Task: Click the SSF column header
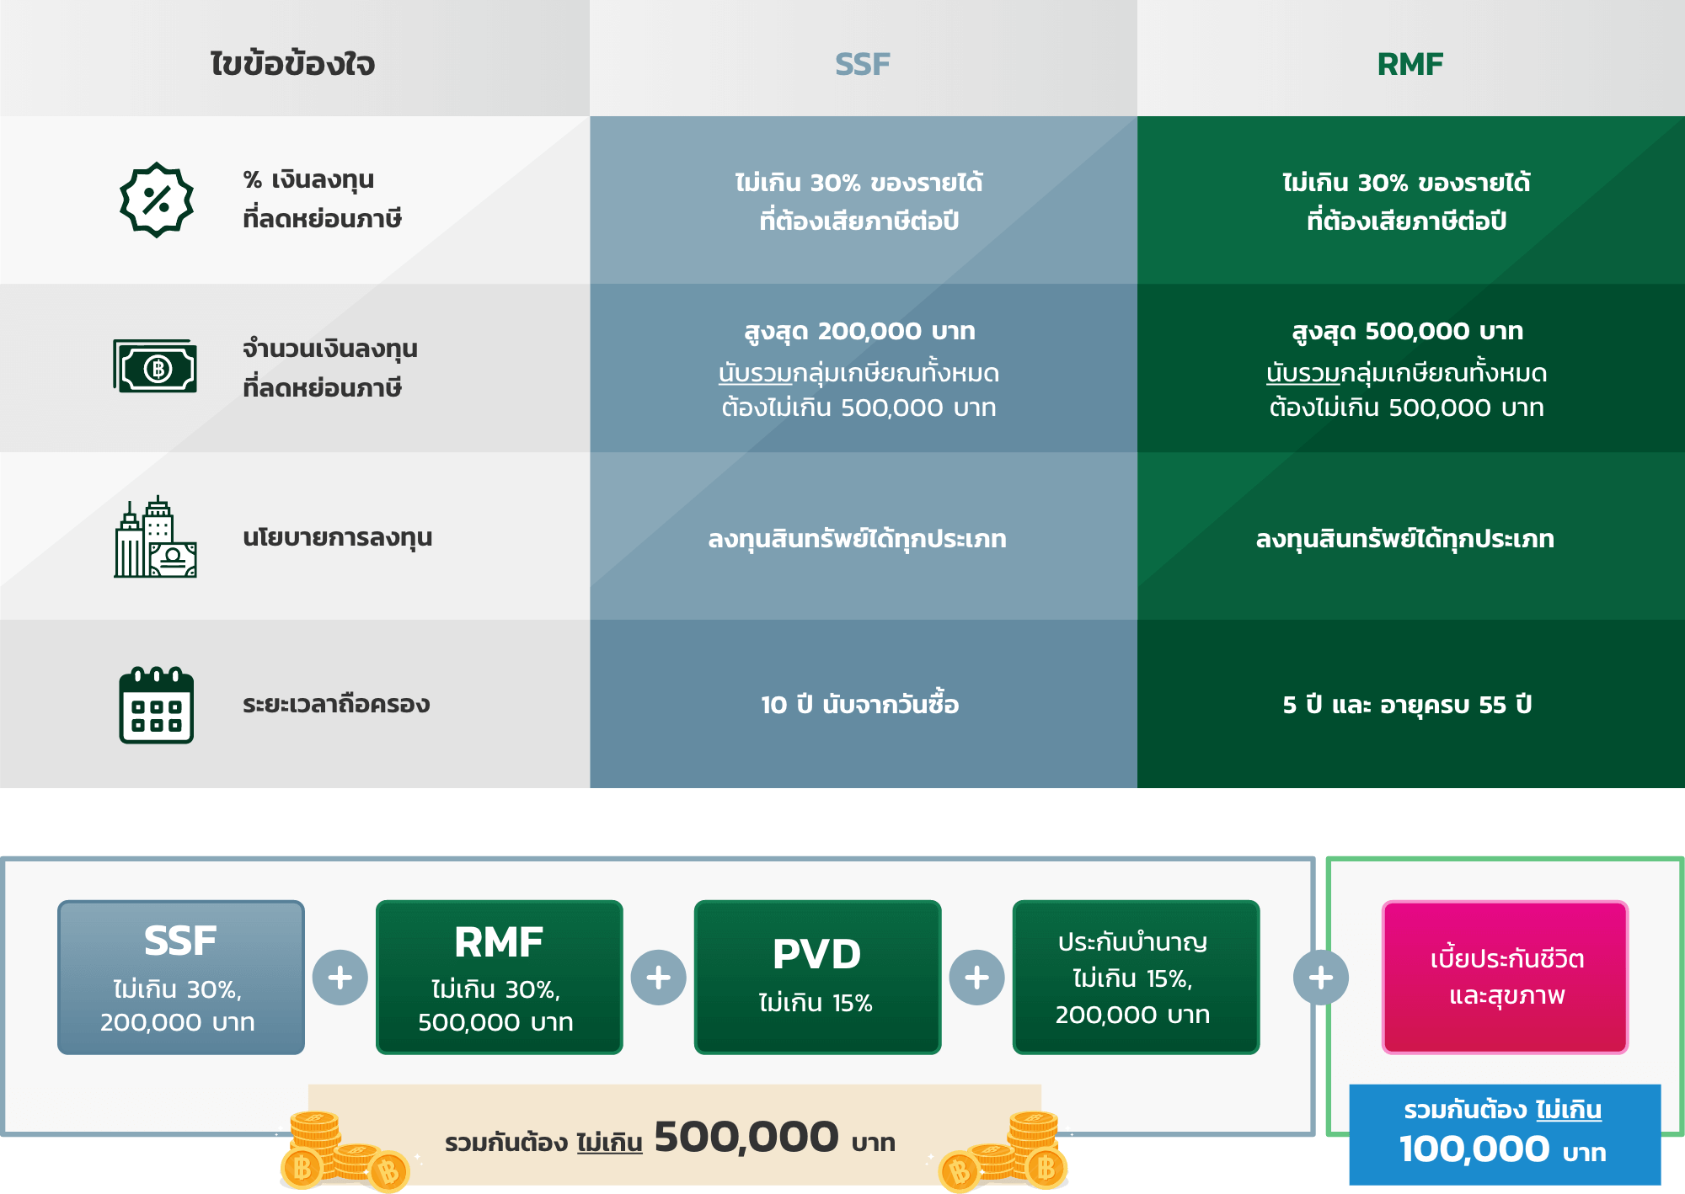pyautogui.click(x=862, y=64)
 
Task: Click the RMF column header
pyautogui.click(x=1410, y=64)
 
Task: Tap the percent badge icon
pyautogui.click(x=157, y=200)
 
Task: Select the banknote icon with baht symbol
pyautogui.click(x=156, y=367)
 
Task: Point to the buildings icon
pyautogui.click(x=156, y=537)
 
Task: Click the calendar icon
pyautogui.click(x=156, y=705)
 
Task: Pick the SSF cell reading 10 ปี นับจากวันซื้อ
pyautogui.click(x=860, y=705)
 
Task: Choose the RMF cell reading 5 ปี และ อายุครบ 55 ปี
pyautogui.click(x=1407, y=705)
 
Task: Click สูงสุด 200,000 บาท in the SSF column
pyautogui.click(x=860, y=331)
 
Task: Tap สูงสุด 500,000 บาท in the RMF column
pyautogui.click(x=1407, y=331)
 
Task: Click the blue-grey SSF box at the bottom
pyautogui.click(x=180, y=977)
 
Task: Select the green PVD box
pyautogui.click(x=817, y=977)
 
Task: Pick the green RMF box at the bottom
pyautogui.click(x=499, y=977)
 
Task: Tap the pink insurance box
pyautogui.click(x=1505, y=977)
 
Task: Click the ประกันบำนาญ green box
pyautogui.click(x=1135, y=977)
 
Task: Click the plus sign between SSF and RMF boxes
pyautogui.click(x=340, y=978)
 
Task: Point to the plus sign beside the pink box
pyautogui.click(x=1320, y=978)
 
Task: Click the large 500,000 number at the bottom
pyautogui.click(x=746, y=1138)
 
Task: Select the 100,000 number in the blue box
pyautogui.click(x=1474, y=1149)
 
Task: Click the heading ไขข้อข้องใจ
pyautogui.click(x=292, y=64)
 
